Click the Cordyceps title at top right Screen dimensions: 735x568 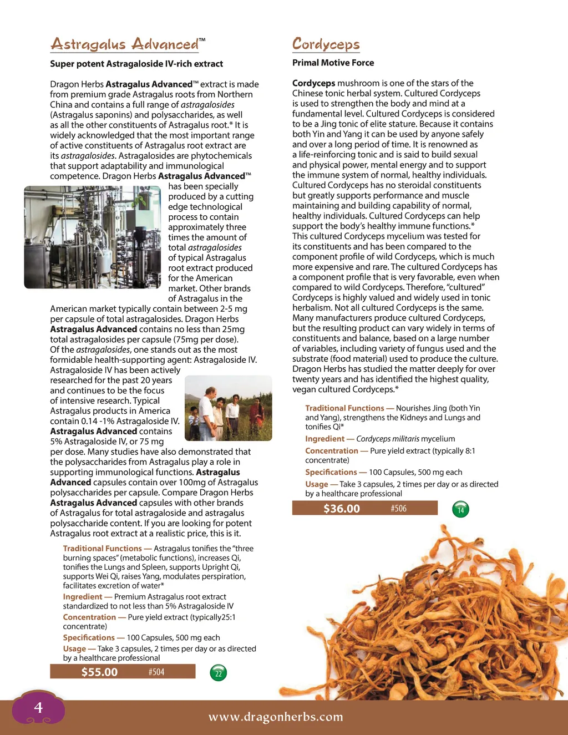326,44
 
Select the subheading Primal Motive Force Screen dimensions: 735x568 333,63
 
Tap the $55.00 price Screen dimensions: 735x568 99,672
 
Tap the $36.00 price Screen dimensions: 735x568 341,508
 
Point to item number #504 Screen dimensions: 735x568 156,672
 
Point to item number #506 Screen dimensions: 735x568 398,508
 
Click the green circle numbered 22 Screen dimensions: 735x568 219,673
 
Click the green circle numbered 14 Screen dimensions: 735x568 460,510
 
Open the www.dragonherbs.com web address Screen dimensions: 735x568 276,717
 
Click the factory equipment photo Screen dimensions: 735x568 92,237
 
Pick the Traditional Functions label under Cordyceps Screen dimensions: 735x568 344,408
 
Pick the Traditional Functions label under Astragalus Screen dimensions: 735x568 102,548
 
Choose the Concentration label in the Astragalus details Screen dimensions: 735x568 89,617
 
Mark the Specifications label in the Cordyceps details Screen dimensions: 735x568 331,472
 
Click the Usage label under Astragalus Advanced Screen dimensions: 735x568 74,648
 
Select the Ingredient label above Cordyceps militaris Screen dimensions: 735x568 324,438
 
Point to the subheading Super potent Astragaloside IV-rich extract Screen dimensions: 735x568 136,64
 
